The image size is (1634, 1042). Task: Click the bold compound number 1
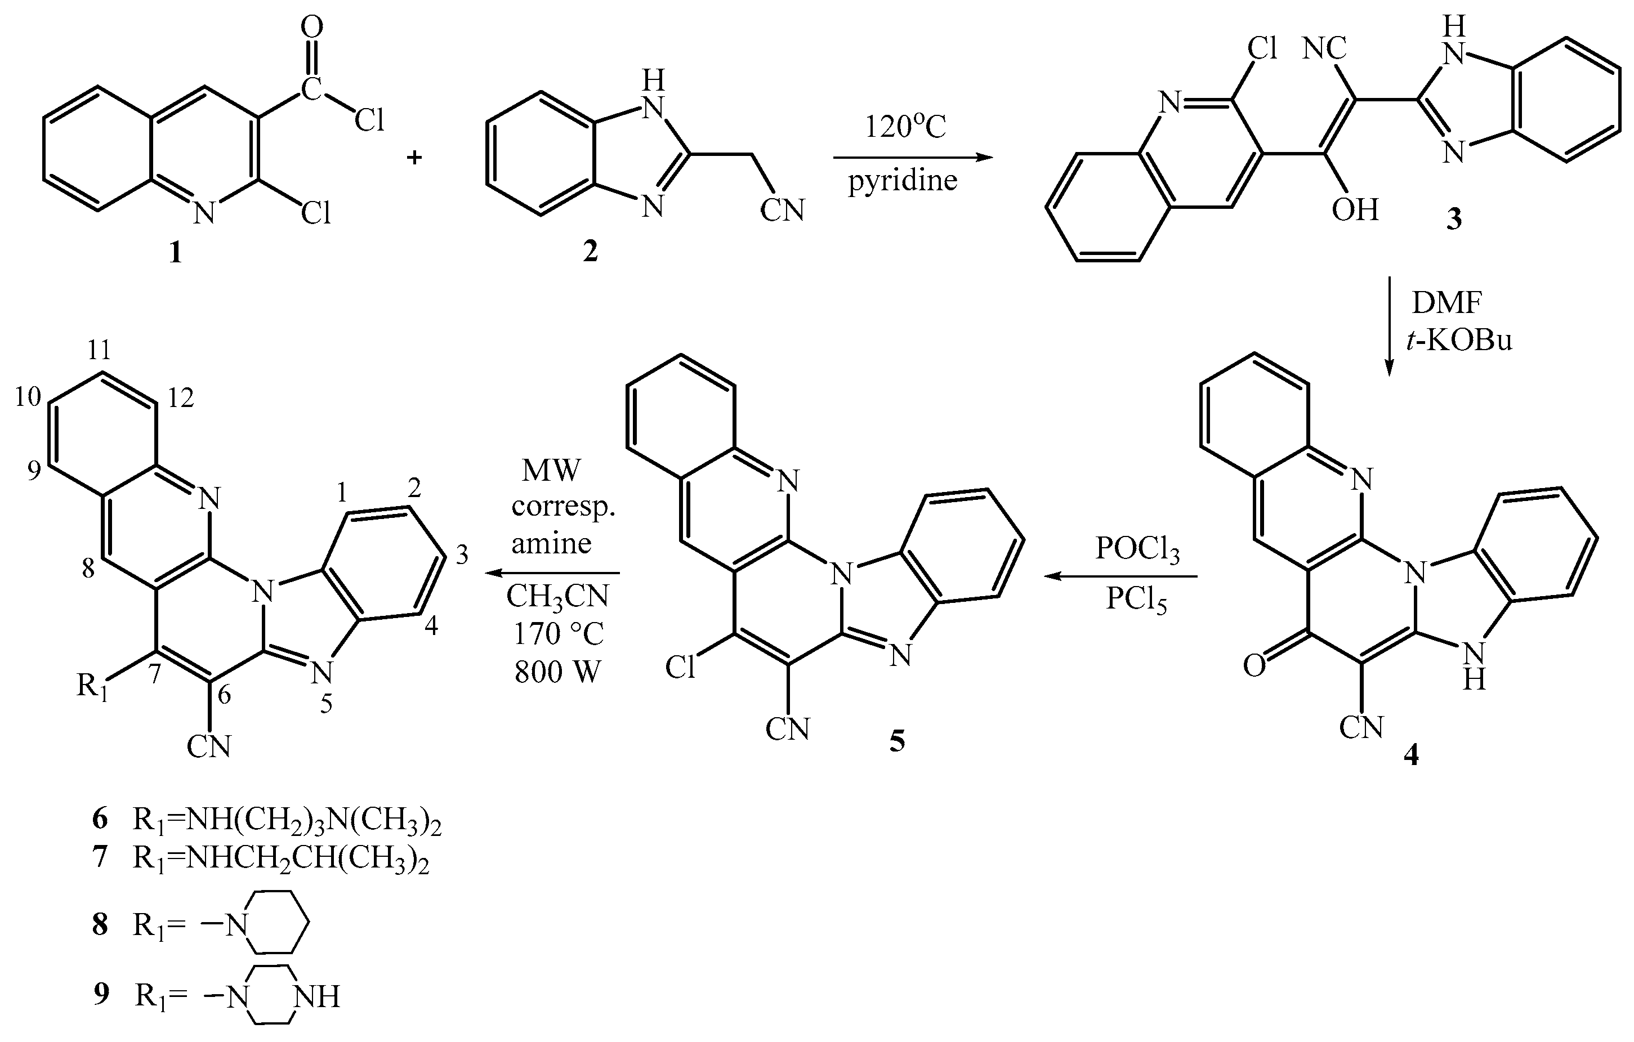[x=176, y=253]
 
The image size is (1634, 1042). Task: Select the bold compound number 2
[x=590, y=252]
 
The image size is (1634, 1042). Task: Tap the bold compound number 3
[x=1453, y=220]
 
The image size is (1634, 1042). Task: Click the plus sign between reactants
[x=414, y=158]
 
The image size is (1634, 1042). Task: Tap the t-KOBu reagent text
[x=1459, y=339]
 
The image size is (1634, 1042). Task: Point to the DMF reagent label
[x=1446, y=302]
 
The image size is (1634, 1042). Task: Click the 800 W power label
[x=557, y=672]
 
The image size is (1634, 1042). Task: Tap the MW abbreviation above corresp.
[x=551, y=470]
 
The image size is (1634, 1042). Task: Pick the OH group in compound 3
[x=1354, y=209]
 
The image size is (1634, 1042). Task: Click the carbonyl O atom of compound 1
[x=311, y=27]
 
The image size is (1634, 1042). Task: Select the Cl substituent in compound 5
[x=681, y=668]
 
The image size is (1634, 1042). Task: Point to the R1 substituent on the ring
[x=92, y=687]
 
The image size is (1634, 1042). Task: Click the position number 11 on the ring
[x=99, y=350]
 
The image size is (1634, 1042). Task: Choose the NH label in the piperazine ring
[x=316, y=996]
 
